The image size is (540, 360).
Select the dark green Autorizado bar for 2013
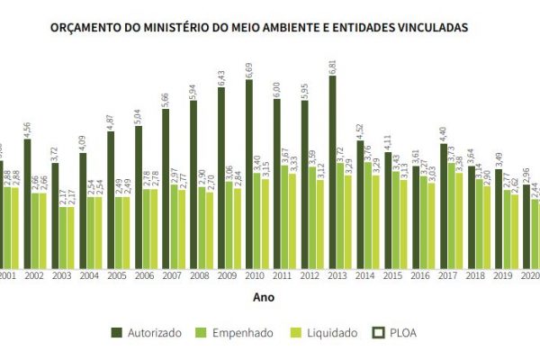(333, 171)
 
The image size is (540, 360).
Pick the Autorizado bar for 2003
(56, 216)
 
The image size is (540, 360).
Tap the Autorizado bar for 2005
(111, 198)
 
